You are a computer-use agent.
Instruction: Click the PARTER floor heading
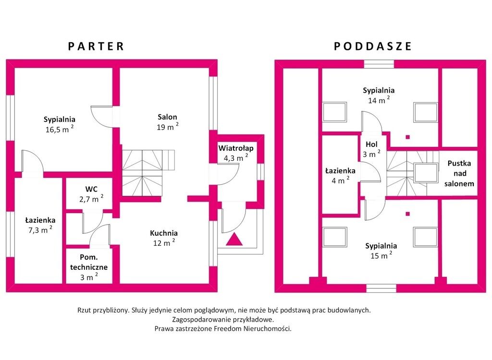[x=96, y=46]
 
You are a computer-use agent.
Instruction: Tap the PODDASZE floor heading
[x=372, y=46]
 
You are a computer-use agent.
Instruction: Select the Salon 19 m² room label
[x=168, y=122]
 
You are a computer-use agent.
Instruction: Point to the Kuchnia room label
[x=164, y=238]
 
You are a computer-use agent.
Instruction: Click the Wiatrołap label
[x=236, y=153]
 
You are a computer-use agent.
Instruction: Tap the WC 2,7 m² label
[x=91, y=194]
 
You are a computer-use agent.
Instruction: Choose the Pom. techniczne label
[x=89, y=267]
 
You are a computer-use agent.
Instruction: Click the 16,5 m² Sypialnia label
[x=60, y=124]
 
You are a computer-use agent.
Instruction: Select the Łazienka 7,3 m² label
[x=40, y=225]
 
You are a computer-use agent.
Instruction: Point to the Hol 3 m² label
[x=371, y=149]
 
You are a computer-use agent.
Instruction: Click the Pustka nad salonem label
[x=459, y=173]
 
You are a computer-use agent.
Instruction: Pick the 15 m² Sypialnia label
[x=381, y=251]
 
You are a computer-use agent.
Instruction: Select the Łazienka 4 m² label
[x=340, y=176]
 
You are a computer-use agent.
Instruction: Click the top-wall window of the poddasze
[x=379, y=64]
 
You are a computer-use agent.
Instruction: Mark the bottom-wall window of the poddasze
[x=381, y=288]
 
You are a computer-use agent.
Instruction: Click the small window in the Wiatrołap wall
[x=260, y=171]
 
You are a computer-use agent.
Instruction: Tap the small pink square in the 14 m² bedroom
[x=407, y=137]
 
